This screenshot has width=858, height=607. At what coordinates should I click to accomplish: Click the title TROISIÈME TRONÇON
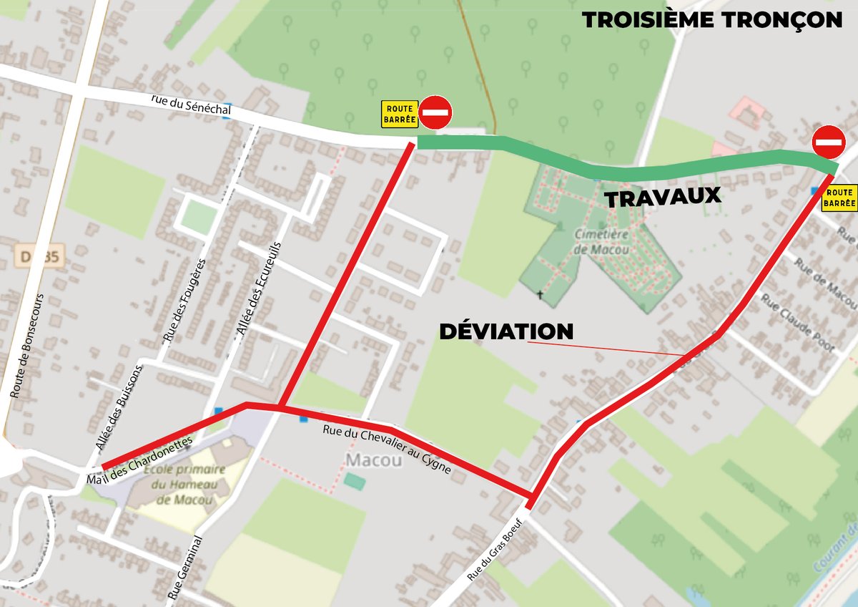tap(712, 20)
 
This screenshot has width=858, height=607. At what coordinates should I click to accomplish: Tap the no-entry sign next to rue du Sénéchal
tap(435, 112)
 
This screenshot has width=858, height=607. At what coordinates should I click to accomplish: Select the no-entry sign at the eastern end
tap(829, 142)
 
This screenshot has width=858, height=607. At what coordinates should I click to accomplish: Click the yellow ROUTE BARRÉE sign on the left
tap(399, 114)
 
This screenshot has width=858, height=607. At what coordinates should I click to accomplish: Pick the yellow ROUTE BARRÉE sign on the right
tap(839, 198)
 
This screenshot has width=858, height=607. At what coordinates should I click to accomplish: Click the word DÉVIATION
tap(506, 331)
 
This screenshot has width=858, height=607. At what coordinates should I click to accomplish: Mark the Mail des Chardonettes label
tap(139, 460)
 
